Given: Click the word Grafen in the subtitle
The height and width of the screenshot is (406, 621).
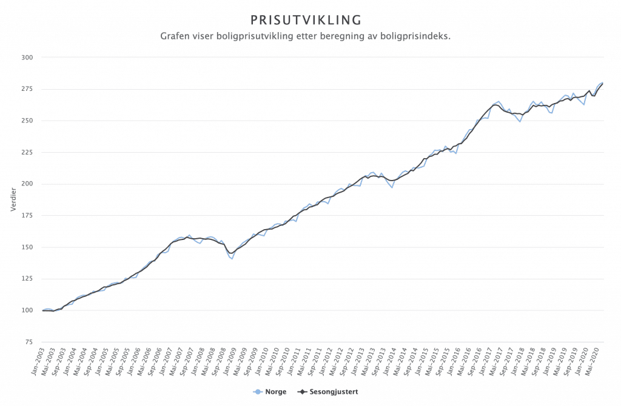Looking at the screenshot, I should coord(176,36).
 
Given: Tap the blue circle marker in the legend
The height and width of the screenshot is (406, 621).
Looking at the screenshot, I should coord(258,392).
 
